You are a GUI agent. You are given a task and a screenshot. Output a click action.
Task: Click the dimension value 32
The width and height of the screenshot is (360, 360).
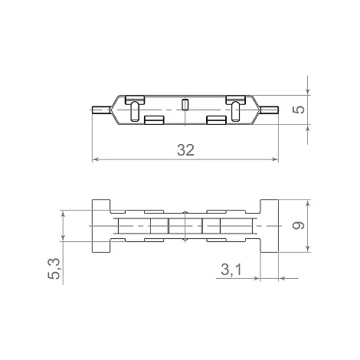[185, 150]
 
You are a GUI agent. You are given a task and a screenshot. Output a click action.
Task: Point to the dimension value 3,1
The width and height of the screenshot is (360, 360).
[231, 270]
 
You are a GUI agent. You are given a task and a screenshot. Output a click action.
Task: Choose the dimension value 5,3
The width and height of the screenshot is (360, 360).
[54, 269]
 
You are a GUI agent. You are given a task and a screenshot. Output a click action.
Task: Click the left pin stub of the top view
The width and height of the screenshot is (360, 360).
[101, 110]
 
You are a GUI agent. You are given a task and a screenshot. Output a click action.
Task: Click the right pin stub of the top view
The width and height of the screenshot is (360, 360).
[269, 110]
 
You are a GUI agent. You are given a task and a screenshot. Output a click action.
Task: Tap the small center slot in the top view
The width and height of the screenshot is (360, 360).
[185, 105]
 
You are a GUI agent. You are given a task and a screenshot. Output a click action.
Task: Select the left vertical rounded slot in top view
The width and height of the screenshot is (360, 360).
[135, 112]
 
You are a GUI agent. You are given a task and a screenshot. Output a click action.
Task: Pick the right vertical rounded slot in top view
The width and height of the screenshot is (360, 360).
[236, 112]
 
